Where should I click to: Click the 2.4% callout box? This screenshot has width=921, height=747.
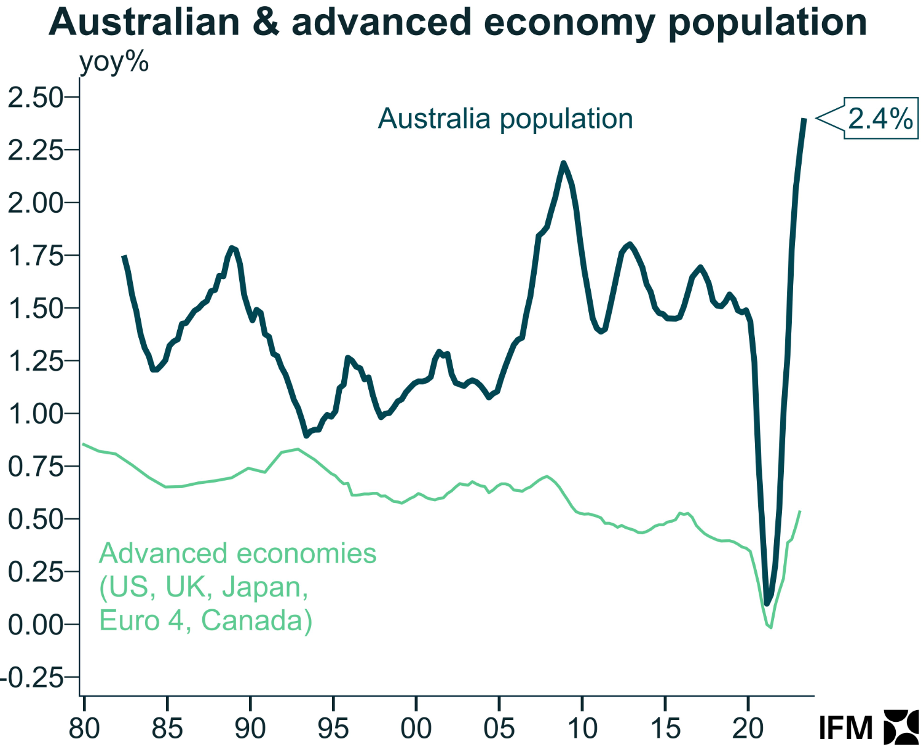(880, 118)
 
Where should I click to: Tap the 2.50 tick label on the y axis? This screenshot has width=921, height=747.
(35, 97)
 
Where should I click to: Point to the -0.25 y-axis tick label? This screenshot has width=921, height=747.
(33, 678)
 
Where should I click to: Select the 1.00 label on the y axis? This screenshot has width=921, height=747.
(35, 414)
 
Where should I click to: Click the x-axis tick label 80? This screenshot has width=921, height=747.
(84, 728)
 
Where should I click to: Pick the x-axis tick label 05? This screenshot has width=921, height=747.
(499, 728)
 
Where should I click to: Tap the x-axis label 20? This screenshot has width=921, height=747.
(748, 728)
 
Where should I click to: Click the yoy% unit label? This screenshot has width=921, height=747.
(114, 62)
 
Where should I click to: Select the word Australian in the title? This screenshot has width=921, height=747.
(144, 22)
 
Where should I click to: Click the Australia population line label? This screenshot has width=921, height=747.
(505, 119)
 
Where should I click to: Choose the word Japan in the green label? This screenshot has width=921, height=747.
(264, 587)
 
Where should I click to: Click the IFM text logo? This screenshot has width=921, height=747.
(845, 728)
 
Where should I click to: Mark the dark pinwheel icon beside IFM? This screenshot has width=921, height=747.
(901, 727)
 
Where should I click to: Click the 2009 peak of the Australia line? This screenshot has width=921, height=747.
(563, 163)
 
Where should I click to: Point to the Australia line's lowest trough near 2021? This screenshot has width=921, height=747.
(767, 603)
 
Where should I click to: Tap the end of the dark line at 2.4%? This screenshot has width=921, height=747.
(804, 119)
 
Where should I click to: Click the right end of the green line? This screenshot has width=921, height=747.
(800, 511)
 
